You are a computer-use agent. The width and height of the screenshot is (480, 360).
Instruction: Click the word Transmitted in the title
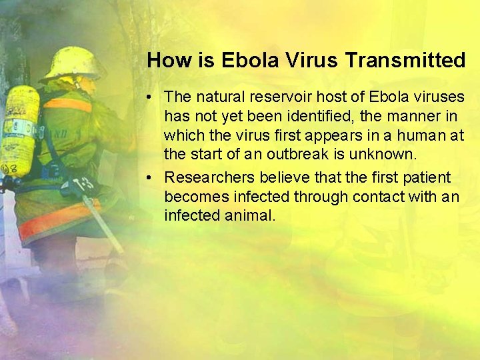point(405,61)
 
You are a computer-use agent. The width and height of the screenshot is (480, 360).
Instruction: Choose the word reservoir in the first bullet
point(272,97)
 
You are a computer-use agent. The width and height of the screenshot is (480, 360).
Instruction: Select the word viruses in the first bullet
point(440,97)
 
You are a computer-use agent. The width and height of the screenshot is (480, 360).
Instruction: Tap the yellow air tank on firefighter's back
point(19,130)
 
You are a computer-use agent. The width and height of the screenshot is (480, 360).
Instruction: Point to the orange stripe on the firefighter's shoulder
point(68,105)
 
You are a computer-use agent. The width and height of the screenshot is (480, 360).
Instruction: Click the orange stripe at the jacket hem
point(57,221)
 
